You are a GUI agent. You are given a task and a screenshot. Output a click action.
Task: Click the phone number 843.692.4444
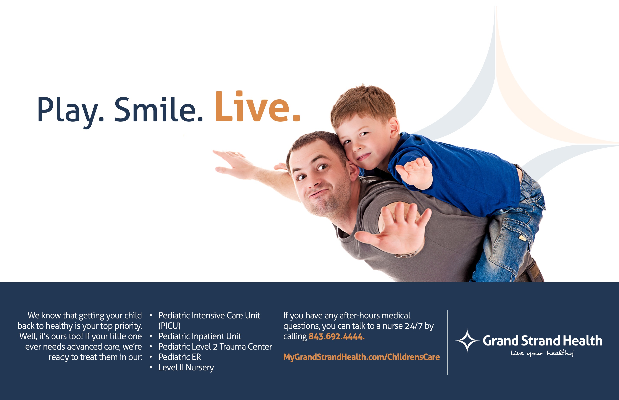pos(337,336)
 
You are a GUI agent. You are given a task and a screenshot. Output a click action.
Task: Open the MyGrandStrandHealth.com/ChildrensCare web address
pos(361,357)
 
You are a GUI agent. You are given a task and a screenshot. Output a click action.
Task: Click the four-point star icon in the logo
pos(467,340)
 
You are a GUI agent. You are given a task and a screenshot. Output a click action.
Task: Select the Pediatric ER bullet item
pos(180,357)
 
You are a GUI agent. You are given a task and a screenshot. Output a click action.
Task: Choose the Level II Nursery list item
pos(186,368)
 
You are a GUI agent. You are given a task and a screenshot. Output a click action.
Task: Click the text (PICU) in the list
pos(169,326)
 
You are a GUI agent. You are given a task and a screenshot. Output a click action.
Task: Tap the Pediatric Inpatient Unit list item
pos(200,336)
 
